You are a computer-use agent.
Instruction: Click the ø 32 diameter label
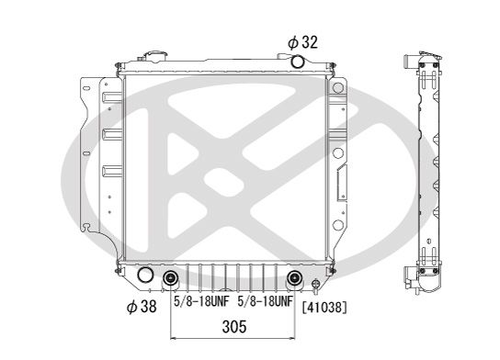pos(302,42)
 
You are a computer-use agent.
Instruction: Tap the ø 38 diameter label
pos(142,307)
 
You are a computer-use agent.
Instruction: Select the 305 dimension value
pos(234,327)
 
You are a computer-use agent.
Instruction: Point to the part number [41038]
pos(324,308)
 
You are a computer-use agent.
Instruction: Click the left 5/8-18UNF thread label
pos(201,301)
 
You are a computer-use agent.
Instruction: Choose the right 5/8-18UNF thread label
pos(266,301)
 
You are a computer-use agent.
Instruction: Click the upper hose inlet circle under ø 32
pos(298,62)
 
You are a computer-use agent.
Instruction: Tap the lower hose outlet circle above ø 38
pos(145,275)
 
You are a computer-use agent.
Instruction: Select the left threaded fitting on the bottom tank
pos(171,278)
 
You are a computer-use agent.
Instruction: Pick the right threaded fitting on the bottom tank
pos(294,277)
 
